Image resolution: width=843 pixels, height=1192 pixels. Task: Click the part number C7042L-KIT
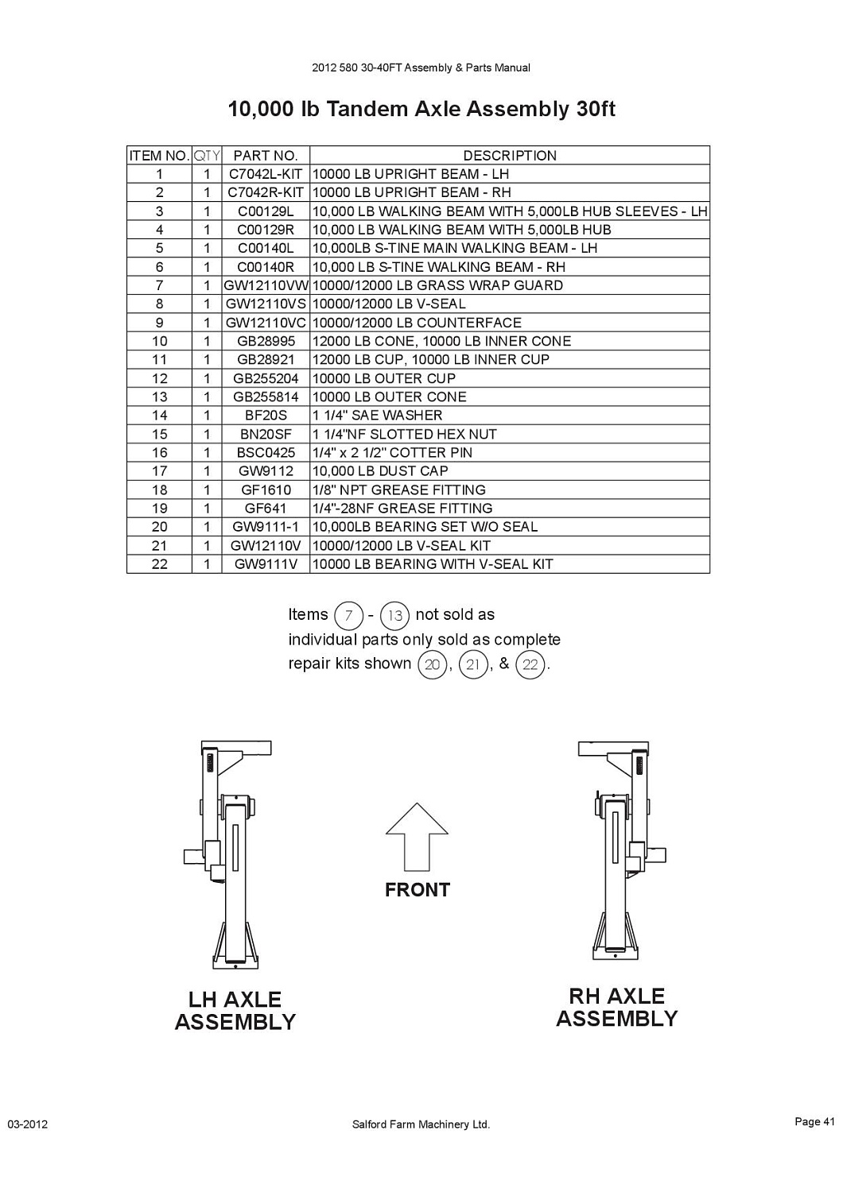click(x=265, y=174)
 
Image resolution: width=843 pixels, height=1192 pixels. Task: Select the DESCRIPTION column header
click(x=510, y=156)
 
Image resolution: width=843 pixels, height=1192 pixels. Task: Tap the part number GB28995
click(x=266, y=341)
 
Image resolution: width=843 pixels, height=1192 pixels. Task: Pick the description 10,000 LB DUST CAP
click(x=380, y=471)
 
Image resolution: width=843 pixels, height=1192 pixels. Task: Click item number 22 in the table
click(x=159, y=564)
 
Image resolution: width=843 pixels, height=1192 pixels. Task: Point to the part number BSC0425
click(x=266, y=453)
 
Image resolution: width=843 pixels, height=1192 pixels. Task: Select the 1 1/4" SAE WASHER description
click(x=377, y=415)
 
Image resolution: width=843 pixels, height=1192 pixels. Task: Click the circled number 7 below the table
click(x=348, y=616)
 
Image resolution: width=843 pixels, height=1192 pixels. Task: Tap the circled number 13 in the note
click(x=394, y=616)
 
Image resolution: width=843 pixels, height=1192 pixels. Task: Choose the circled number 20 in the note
click(x=432, y=664)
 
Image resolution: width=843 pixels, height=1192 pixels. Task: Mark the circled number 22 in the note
click(x=530, y=664)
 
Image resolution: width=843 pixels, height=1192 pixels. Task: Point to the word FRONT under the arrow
click(x=418, y=890)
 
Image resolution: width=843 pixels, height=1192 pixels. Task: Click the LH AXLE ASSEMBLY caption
click(x=235, y=1011)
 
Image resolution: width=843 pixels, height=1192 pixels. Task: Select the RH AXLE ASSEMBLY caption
click(x=616, y=1008)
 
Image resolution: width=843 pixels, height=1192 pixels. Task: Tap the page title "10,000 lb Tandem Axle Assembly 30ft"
click(x=421, y=109)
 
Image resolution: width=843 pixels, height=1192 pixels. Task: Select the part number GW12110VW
click(x=266, y=286)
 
